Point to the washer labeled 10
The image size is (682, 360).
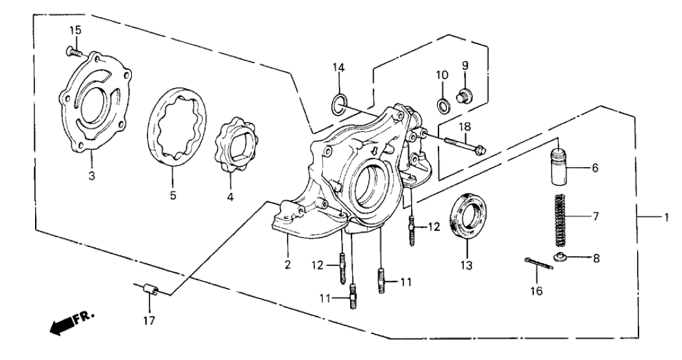coord(442,104)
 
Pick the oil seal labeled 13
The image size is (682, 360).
coord(466,218)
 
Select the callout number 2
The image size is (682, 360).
coord(287,264)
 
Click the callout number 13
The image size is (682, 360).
coord(467,266)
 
